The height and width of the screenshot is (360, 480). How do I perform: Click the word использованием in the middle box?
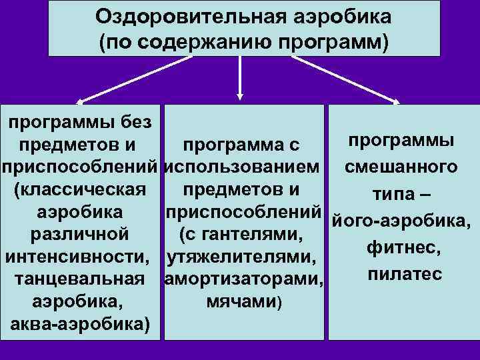(244, 167)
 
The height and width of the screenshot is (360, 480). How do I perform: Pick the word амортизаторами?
(244, 279)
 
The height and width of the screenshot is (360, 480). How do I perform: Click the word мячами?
(243, 302)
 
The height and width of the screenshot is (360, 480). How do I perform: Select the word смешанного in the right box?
(401, 166)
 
